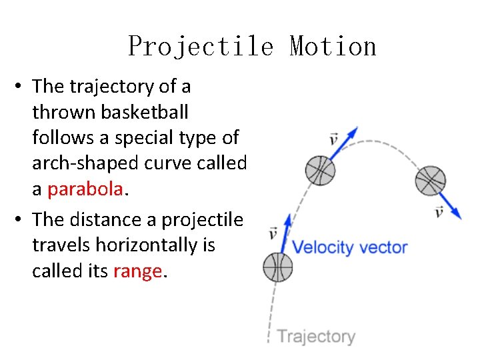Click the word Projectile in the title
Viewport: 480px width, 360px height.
(x=201, y=47)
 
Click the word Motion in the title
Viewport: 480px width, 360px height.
(x=333, y=47)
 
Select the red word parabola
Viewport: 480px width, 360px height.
(x=85, y=189)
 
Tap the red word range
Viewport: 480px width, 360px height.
(x=137, y=271)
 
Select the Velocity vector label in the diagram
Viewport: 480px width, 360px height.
(x=350, y=247)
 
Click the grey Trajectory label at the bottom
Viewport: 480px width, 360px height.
(x=315, y=336)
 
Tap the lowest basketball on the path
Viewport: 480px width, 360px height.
(x=278, y=267)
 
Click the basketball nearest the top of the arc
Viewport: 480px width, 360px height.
(x=320, y=171)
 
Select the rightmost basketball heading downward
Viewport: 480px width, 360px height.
(x=430, y=181)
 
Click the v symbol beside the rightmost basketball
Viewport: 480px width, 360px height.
(x=438, y=212)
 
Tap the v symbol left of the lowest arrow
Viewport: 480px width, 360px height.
(x=273, y=233)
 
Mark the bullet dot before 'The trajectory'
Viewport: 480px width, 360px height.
(x=22, y=87)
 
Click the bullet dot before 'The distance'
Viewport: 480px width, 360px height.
(x=22, y=219)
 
